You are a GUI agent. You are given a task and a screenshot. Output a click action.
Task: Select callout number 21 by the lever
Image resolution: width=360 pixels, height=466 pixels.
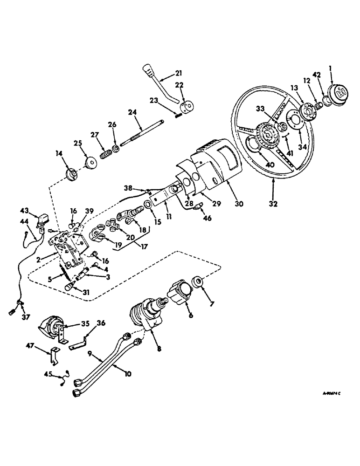(x=180, y=73)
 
